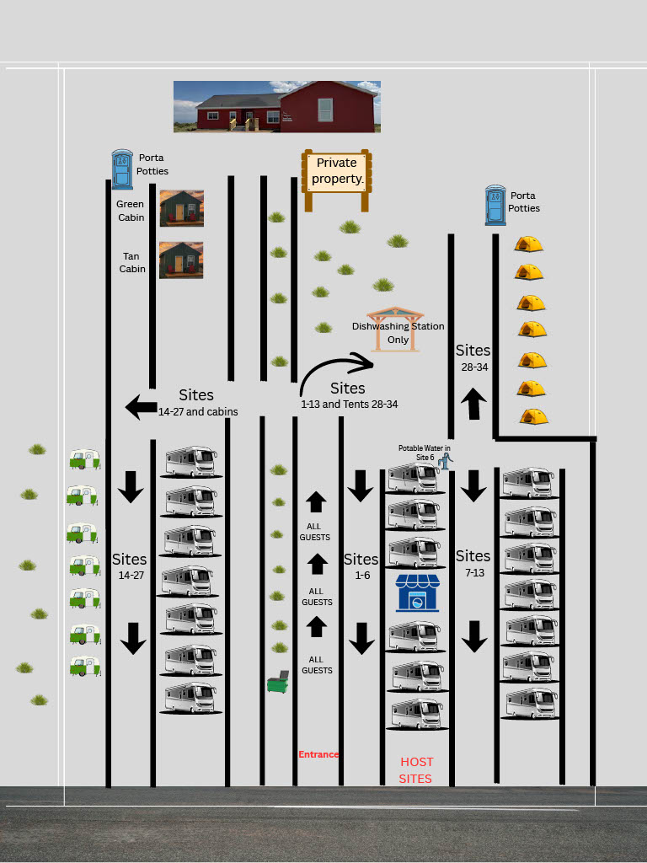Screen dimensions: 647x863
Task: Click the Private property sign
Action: pos(337,180)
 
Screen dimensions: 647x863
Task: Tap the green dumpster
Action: pos(278,682)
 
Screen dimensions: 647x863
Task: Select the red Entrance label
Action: pos(318,754)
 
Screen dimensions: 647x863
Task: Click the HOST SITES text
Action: pos(416,770)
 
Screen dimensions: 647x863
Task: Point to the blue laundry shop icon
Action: pos(418,592)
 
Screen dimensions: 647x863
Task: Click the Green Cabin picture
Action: pos(182,208)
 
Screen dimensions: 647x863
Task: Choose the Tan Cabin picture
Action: pos(181,260)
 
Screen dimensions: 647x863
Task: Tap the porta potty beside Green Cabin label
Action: pos(122,169)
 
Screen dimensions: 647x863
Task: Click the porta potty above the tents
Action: pos(495,206)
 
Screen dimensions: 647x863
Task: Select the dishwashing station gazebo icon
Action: pos(395,330)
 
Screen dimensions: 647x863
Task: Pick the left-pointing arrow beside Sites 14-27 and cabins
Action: pos(141,407)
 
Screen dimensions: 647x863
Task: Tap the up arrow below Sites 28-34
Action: pos(473,404)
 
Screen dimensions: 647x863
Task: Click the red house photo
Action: pos(277,107)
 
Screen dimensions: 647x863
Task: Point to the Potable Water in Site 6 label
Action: pos(425,453)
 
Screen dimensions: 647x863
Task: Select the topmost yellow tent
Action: pos(529,244)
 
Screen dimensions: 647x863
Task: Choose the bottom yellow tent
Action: pos(533,416)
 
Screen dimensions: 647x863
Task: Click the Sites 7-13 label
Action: pos(473,563)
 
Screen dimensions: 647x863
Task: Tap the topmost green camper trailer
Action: pos(85,459)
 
